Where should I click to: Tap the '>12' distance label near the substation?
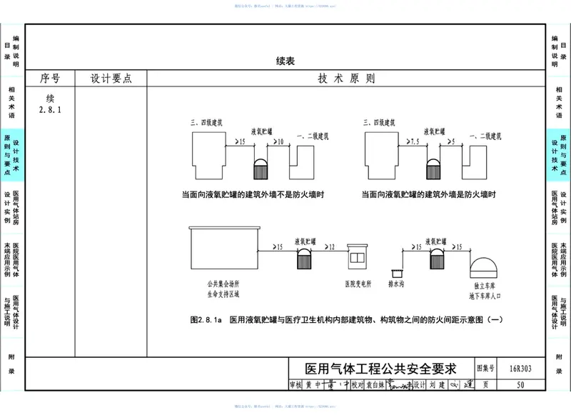328,247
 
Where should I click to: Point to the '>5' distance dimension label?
452,143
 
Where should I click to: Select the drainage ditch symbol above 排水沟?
397,272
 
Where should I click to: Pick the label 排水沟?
397,283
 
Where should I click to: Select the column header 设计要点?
111,79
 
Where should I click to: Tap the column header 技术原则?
346,79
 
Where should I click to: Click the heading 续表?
285,61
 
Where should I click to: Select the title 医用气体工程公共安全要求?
380,369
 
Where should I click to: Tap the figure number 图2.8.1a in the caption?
207,320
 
